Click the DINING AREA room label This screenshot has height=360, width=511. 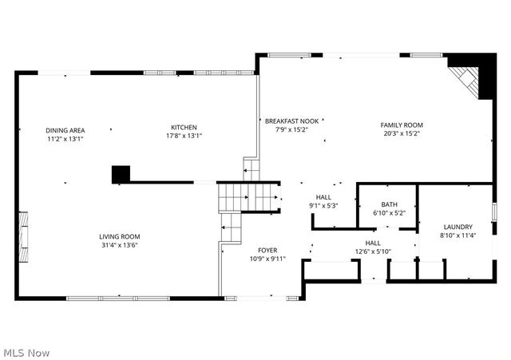(65, 130)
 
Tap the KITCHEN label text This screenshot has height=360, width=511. (183, 128)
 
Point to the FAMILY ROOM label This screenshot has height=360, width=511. (401, 125)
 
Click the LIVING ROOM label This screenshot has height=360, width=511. (120, 236)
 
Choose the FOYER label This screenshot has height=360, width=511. (267, 251)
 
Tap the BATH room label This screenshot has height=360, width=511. (389, 204)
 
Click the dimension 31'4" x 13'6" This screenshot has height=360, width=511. (120, 245)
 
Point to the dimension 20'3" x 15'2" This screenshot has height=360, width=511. (401, 134)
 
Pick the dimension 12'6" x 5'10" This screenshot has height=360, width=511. (373, 252)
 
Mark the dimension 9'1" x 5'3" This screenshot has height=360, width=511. (323, 206)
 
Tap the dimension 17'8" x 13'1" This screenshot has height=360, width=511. (183, 136)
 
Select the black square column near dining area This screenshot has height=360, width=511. (121, 174)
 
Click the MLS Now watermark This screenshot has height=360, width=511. (26, 352)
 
